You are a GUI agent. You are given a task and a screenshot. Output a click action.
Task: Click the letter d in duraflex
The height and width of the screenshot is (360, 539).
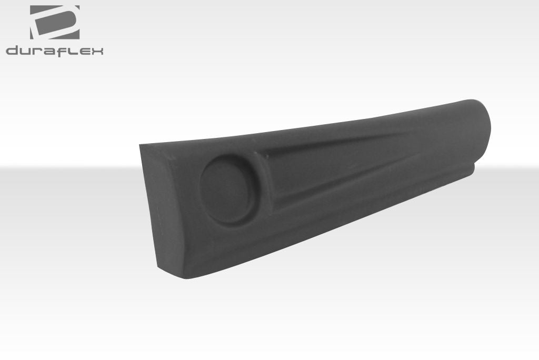point(12,51)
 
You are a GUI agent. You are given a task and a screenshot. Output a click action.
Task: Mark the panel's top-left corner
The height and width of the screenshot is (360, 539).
point(141,145)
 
